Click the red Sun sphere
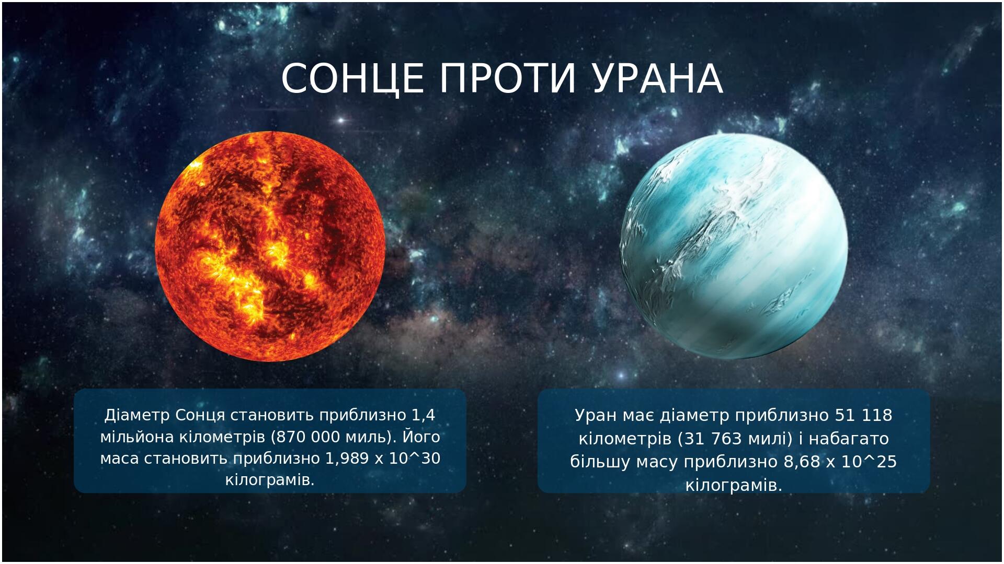click(x=270, y=246)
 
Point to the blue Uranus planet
click(x=734, y=246)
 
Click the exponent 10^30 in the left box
click(x=414, y=459)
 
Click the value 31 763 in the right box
click(x=713, y=439)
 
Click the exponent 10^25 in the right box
click(x=871, y=462)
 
